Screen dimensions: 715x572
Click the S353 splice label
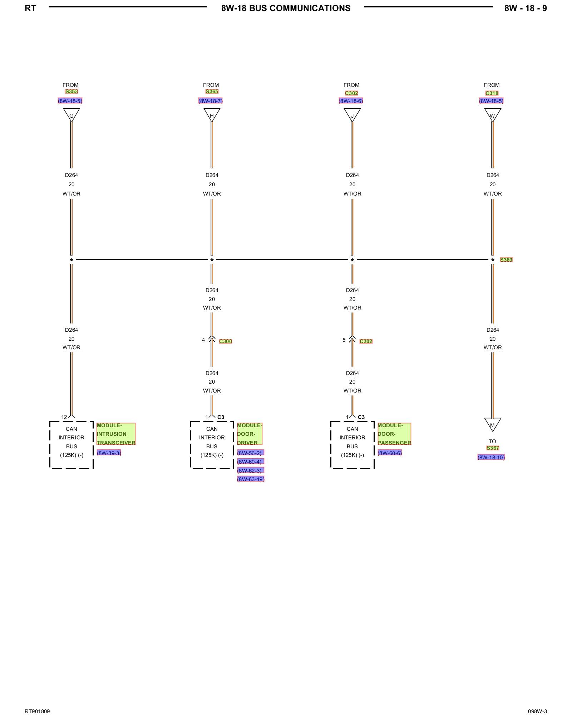tap(71, 92)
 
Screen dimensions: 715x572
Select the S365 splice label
tap(212, 92)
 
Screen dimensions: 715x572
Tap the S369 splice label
tap(506, 260)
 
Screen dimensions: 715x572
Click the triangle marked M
tap(492, 424)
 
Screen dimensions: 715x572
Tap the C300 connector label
tap(225, 341)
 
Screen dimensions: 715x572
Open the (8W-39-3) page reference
tap(109, 453)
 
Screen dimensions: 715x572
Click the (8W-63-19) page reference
tap(251, 479)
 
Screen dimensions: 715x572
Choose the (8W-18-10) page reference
tap(491, 457)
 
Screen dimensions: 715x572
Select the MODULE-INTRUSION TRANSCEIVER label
tap(116, 434)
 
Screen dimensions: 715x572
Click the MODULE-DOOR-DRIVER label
tap(250, 434)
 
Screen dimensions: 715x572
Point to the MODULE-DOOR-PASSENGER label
tap(394, 434)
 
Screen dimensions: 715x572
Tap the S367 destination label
tap(492, 448)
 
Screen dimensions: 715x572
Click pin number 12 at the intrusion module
tap(64, 417)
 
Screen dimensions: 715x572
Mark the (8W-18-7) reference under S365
tap(210, 101)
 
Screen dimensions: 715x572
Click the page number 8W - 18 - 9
tap(525, 8)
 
